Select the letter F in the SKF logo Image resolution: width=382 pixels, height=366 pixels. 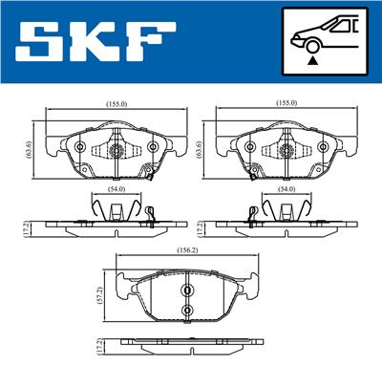(x=151, y=41)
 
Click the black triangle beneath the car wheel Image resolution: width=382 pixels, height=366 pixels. (x=313, y=60)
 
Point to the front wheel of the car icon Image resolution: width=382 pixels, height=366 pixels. (x=313, y=46)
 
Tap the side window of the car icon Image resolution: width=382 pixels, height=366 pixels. (x=340, y=26)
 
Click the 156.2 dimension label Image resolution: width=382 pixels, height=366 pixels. (x=187, y=250)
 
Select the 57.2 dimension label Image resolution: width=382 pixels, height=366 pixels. (x=100, y=296)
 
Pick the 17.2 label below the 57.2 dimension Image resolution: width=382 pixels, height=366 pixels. (x=100, y=345)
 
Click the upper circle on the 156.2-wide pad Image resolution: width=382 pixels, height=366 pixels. (x=187, y=291)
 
